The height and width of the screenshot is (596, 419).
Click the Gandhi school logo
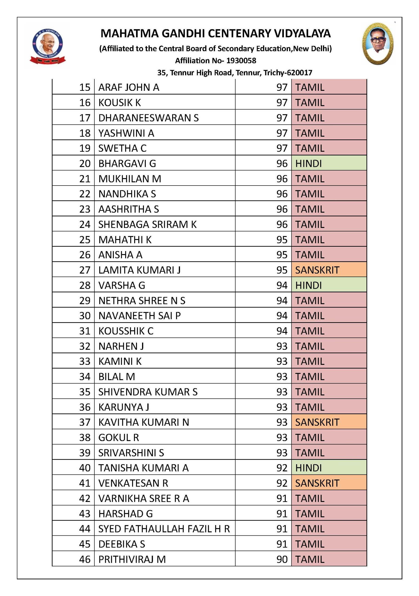pyautogui.click(x=47, y=46)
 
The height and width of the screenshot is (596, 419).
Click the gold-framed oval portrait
pyautogui.click(x=378, y=44)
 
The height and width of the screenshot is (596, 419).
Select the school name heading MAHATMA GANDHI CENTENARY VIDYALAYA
pyautogui.click(x=216, y=34)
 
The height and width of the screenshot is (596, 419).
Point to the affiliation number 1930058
pyautogui.click(x=241, y=61)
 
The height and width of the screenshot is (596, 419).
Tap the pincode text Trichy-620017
pyautogui.click(x=288, y=73)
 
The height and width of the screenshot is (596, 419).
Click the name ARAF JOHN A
pyautogui.click(x=129, y=87)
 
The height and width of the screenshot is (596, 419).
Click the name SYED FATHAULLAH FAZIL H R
pyautogui.click(x=164, y=529)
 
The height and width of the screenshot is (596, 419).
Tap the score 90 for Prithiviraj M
pyautogui.click(x=282, y=559)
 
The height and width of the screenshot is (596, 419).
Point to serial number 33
pyautogui.click(x=85, y=361)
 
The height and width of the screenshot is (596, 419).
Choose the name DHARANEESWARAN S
pyautogui.click(x=148, y=118)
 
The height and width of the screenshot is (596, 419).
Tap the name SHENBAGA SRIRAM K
pyautogui.click(x=147, y=224)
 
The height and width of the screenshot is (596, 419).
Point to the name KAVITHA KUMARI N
pyautogui.click(x=144, y=422)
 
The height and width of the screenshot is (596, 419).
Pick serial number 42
pyautogui.click(x=85, y=498)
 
